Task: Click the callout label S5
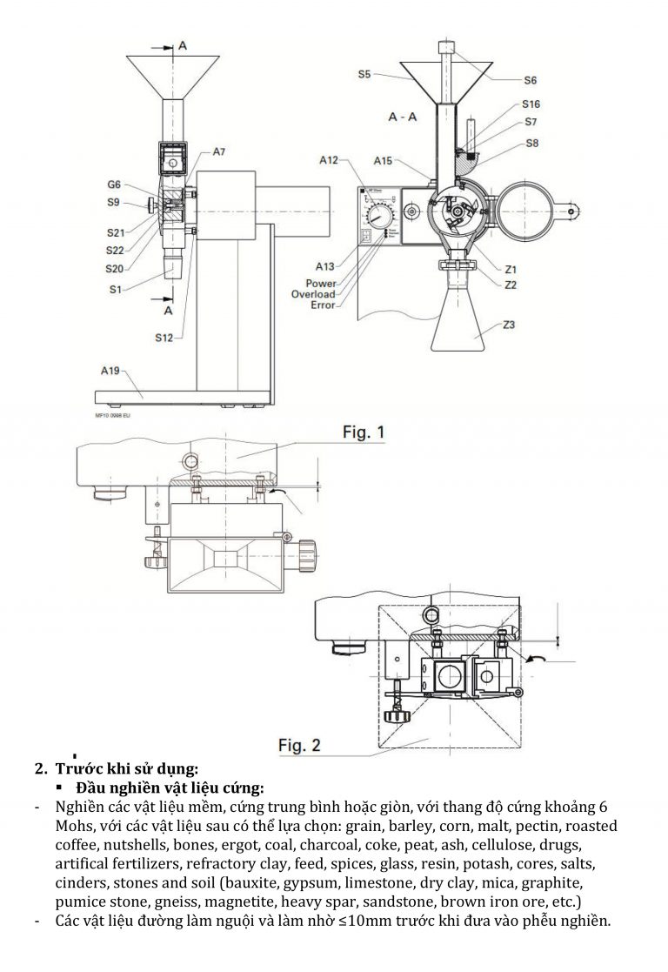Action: [x=364, y=75]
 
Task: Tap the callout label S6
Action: [x=530, y=80]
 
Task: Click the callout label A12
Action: [x=329, y=160]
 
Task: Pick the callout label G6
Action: [x=114, y=184]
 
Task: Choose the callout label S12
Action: [x=166, y=338]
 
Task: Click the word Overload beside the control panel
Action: [x=313, y=294]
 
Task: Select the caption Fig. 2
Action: [x=299, y=745]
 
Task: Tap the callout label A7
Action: [x=218, y=152]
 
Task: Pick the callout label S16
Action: [x=532, y=104]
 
